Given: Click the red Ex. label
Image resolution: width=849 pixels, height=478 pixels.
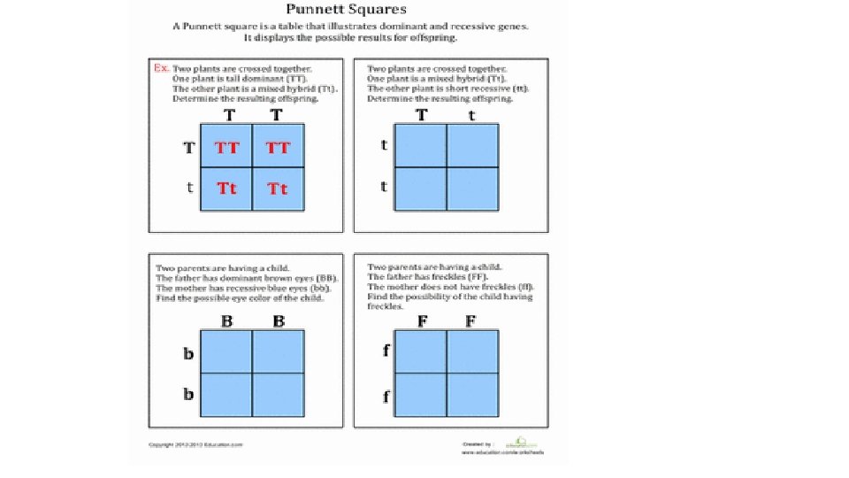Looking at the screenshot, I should (x=161, y=68).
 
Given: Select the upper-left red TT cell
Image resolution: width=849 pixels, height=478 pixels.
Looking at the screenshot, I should (x=227, y=148).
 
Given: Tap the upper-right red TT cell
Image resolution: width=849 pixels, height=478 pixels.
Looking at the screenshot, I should (x=278, y=148).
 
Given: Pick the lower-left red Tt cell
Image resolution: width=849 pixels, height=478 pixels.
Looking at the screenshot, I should (x=227, y=189).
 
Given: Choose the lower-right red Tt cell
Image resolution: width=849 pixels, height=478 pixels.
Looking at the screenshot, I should (x=278, y=189).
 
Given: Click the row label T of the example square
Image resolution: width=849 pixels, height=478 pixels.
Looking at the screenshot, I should (x=188, y=148).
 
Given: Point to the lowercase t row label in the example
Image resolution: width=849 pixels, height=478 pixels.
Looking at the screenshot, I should (x=188, y=188).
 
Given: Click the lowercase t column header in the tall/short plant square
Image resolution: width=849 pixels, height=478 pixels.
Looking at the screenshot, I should (x=471, y=115).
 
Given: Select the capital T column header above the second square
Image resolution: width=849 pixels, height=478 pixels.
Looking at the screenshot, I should (x=421, y=115).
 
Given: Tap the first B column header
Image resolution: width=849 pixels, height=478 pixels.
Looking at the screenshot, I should (x=227, y=321).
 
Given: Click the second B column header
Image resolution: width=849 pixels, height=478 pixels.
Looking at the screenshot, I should (x=279, y=321).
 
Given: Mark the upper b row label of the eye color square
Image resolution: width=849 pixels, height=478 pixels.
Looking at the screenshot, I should (x=188, y=354).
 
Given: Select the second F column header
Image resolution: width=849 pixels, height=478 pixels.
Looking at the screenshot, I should (x=471, y=321).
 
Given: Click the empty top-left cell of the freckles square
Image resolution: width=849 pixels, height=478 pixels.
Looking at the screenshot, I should (x=421, y=351).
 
